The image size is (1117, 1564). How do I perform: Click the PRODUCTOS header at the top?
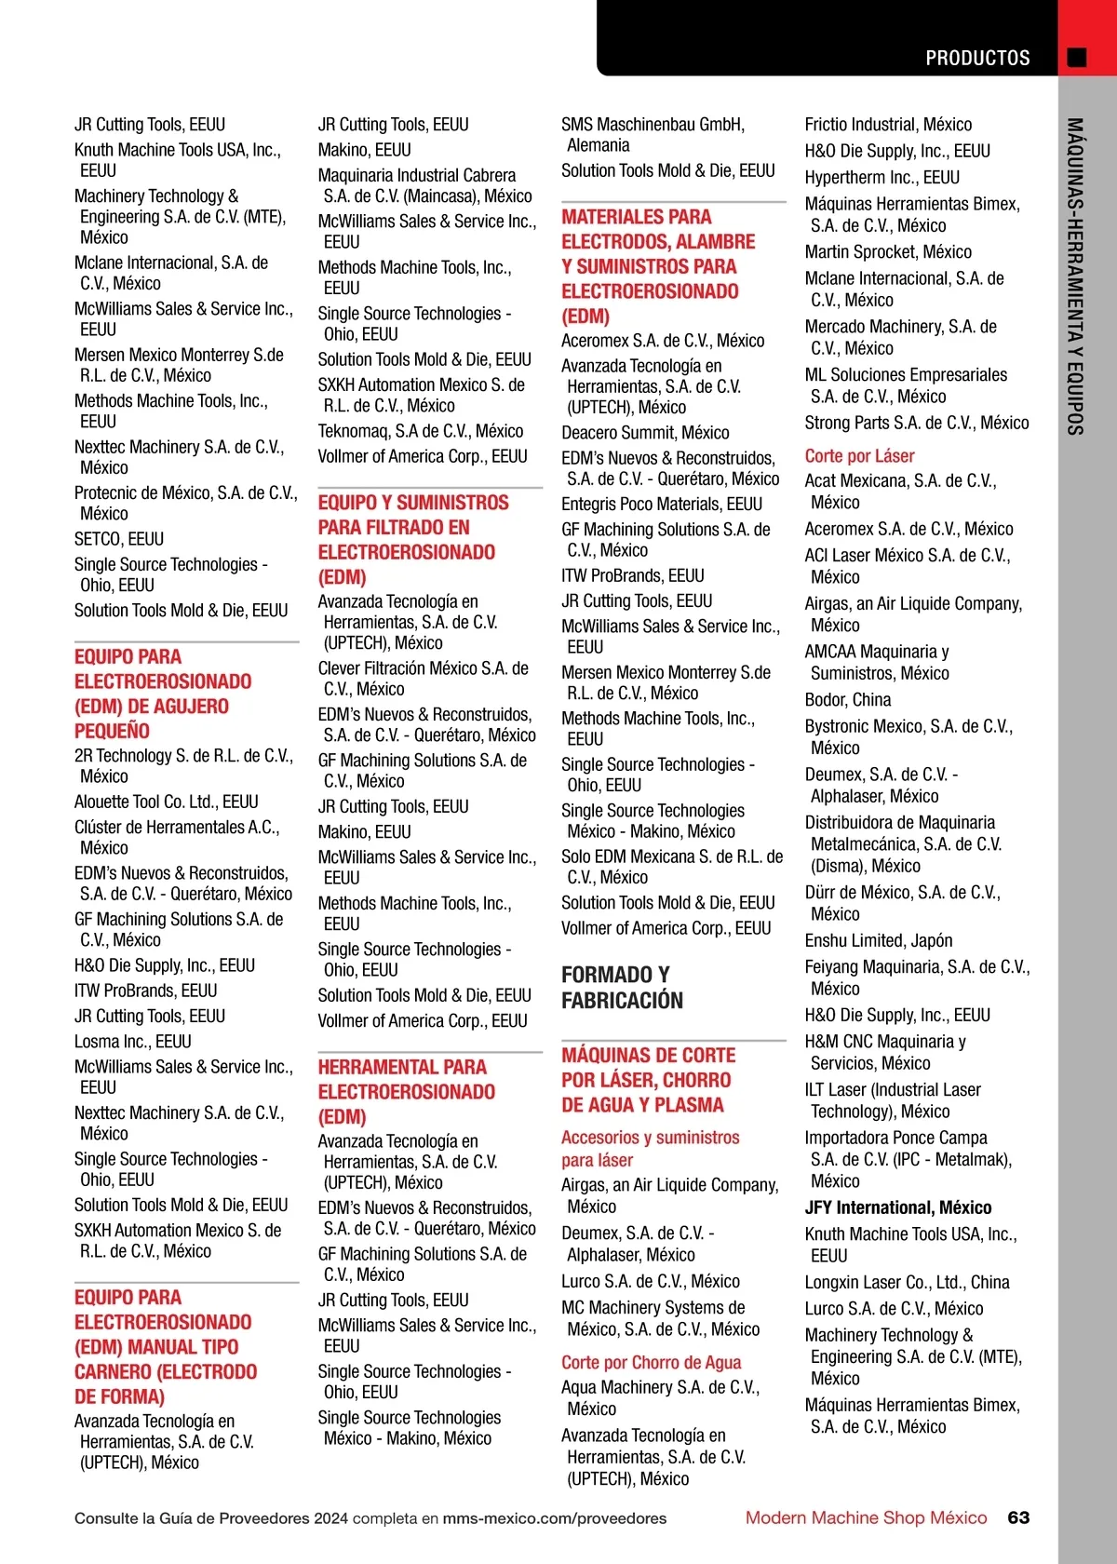(x=977, y=58)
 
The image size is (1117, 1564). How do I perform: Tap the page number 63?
(x=1018, y=1517)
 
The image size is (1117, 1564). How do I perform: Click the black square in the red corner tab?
(x=1077, y=58)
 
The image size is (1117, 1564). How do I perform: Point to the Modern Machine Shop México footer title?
(x=866, y=1517)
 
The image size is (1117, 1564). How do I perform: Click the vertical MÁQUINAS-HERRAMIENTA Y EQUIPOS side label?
(x=1075, y=276)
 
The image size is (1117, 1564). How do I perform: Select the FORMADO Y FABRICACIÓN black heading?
(x=622, y=988)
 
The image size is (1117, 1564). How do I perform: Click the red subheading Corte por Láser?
(x=859, y=456)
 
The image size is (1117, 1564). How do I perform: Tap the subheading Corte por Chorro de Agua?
(x=651, y=1363)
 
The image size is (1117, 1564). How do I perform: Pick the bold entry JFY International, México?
(x=897, y=1207)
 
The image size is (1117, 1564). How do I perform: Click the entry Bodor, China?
(x=847, y=700)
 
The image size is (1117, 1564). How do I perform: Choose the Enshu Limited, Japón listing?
(x=878, y=940)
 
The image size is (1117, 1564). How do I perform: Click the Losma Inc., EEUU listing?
(x=133, y=1042)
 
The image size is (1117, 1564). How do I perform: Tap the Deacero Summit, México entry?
(x=645, y=433)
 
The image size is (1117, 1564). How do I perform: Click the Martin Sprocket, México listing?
(x=887, y=252)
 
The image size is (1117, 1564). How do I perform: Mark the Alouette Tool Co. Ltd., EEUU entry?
(x=167, y=802)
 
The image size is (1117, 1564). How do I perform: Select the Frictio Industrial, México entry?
(x=887, y=125)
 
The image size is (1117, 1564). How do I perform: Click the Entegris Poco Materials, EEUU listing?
(x=661, y=505)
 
